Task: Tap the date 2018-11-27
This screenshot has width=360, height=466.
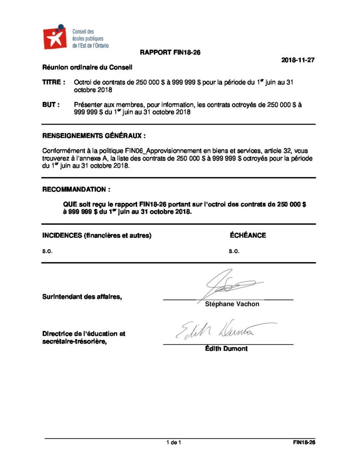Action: [298, 60]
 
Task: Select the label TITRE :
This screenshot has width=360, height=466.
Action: [54, 82]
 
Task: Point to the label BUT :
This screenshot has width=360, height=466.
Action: [51, 105]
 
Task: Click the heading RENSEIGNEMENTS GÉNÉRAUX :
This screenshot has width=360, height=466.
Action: [94, 136]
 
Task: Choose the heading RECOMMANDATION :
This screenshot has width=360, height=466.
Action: [76, 188]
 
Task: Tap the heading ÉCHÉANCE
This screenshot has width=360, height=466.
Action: [248, 235]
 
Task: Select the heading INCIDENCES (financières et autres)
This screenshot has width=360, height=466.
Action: [96, 235]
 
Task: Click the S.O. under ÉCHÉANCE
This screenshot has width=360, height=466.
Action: [234, 251]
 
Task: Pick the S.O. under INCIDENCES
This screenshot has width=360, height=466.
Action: [47, 251]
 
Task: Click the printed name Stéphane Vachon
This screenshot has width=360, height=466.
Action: [232, 304]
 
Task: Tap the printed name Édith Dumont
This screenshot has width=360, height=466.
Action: [226, 349]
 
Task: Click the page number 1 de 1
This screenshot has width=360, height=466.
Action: [174, 442]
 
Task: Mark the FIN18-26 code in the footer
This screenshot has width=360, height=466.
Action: [304, 442]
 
